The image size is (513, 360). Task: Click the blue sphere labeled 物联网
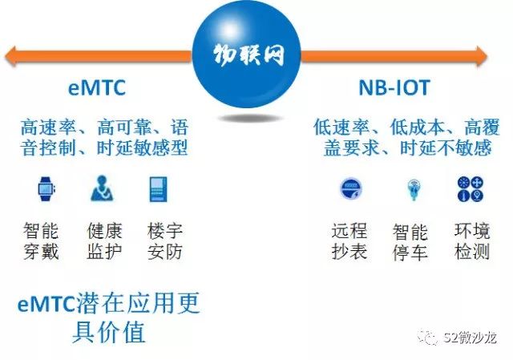[x=246, y=54]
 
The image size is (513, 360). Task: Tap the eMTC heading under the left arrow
[x=97, y=87]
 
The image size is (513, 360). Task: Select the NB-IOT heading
[x=394, y=87]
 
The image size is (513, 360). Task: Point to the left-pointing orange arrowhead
[x=10, y=56]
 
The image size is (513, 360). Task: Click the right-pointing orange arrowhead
[x=482, y=56]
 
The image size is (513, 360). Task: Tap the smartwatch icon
[x=46, y=189]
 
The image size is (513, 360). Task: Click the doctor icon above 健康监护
[x=102, y=188]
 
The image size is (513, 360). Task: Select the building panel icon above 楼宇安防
[x=158, y=189]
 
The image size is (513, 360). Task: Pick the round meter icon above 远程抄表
[x=350, y=189]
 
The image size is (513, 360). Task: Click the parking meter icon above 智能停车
[x=414, y=189]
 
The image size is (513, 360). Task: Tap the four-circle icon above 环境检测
[x=471, y=189]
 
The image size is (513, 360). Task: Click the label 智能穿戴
[x=41, y=241]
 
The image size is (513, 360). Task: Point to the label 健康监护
[x=105, y=241]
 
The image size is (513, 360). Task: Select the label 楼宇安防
[x=165, y=241]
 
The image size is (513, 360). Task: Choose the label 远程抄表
[x=349, y=241]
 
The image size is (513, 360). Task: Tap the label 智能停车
[x=410, y=242]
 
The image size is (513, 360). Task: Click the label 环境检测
[x=472, y=241]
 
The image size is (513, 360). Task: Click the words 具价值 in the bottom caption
[x=109, y=332]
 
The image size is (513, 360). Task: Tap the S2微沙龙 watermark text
[x=471, y=338]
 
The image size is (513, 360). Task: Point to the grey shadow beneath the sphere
[x=250, y=119]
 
